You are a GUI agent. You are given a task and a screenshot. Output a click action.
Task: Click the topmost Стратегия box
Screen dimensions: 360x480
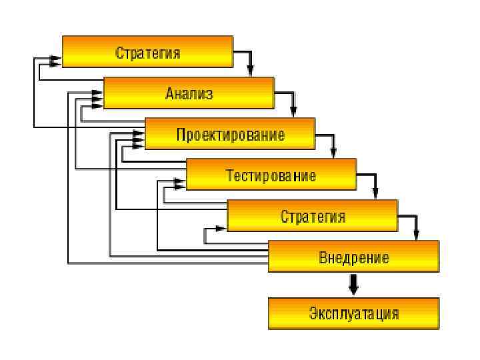tap(147, 52)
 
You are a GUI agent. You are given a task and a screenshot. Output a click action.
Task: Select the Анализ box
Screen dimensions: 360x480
tap(189, 93)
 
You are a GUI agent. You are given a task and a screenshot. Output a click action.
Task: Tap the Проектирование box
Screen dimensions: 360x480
tap(230, 134)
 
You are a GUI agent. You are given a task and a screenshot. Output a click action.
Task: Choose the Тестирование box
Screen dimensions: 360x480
tap(271, 175)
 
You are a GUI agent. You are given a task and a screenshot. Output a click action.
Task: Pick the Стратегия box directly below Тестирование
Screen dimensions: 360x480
tap(312, 217)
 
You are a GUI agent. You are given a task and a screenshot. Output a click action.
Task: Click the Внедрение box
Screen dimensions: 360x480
tap(353, 257)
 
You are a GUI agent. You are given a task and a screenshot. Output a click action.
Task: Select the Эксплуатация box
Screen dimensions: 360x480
tap(353, 313)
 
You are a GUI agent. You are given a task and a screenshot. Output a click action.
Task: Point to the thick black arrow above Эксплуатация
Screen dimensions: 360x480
tap(354, 284)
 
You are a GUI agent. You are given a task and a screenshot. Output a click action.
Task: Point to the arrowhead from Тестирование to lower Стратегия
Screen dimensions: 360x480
tap(376, 195)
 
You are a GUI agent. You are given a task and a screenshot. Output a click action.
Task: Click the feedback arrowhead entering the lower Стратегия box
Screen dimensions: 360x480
tap(222, 229)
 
